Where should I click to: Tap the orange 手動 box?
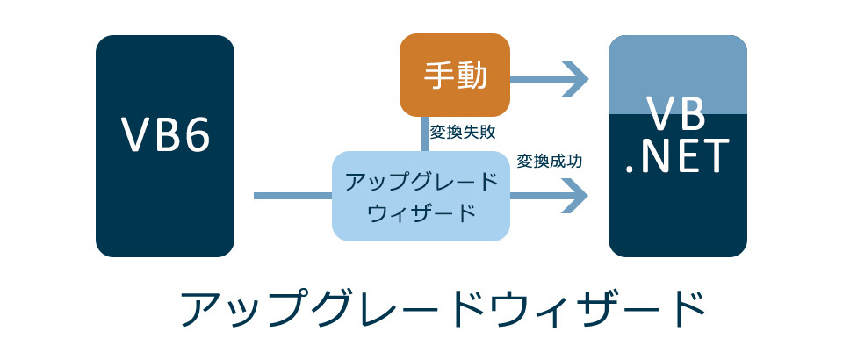[x=455, y=76]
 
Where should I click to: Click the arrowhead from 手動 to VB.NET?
[x=576, y=76]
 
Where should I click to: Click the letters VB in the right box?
[x=677, y=115]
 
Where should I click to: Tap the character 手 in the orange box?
[x=438, y=76]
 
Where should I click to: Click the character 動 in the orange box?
[x=472, y=76]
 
